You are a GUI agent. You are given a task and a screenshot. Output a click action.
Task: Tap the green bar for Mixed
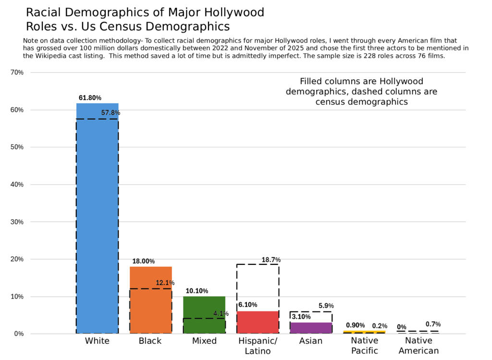tap(204, 315)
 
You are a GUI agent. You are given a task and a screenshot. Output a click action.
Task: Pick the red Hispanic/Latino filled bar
tap(258, 323)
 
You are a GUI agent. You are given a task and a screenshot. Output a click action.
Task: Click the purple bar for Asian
tap(311, 328)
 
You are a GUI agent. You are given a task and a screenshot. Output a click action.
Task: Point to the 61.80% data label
tap(90, 98)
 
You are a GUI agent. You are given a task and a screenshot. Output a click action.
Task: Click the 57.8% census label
tap(111, 113)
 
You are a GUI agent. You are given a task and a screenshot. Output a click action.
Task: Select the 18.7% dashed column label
tap(271, 260)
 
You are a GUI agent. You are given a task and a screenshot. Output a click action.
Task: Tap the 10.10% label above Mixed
tap(197, 291)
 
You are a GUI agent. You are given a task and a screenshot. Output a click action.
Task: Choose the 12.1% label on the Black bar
tap(165, 283)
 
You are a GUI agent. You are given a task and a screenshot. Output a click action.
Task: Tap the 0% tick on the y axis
tap(19, 334)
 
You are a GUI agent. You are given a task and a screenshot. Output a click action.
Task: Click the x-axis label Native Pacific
tap(364, 346)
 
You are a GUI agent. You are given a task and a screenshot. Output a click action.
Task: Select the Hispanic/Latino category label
tap(258, 346)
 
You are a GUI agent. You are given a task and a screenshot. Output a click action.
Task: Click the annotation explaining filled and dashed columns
tap(361, 91)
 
